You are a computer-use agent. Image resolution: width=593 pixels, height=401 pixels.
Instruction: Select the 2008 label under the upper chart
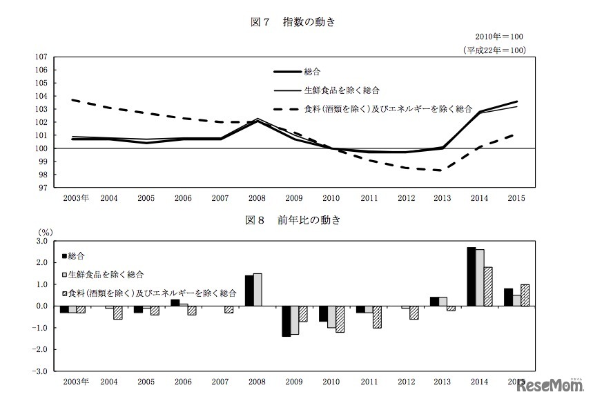point(257,199)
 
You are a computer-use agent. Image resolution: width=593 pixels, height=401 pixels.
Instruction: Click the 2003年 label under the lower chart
point(75,382)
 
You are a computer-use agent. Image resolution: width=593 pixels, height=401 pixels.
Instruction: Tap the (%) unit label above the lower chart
point(45,232)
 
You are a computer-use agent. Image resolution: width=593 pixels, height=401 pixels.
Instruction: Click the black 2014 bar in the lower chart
point(471,276)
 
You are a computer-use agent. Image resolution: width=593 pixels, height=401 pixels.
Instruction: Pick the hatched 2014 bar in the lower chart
point(487,286)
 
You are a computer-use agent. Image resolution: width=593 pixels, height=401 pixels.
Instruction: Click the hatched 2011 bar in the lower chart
point(376,317)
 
